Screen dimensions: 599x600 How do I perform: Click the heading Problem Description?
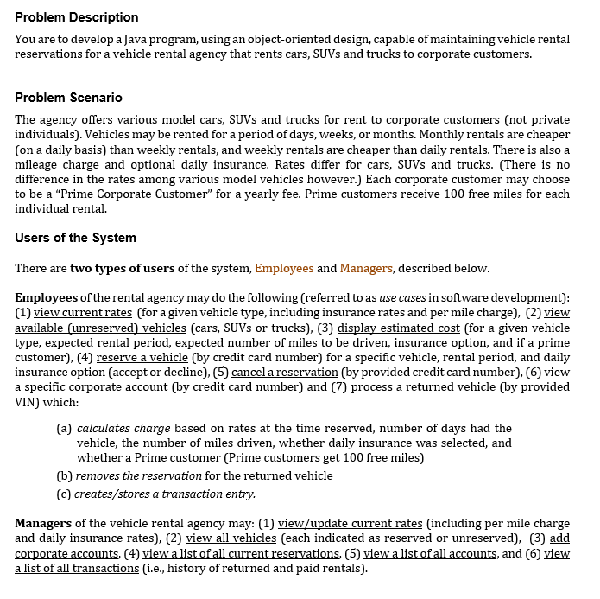76,17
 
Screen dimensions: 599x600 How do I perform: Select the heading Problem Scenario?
68,97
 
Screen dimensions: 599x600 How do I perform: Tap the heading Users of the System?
75,238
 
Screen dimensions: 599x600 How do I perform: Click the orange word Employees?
284,268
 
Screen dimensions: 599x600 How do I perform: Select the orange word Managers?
366,268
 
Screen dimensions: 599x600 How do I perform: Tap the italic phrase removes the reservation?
138,475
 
